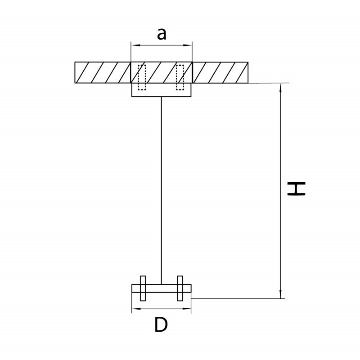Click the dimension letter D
point(161,324)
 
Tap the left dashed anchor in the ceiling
point(142,77)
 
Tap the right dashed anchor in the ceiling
point(180,77)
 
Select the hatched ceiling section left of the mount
point(103,72)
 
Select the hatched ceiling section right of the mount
point(220,72)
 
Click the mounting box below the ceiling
point(161,90)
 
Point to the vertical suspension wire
point(161,189)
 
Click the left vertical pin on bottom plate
point(143,288)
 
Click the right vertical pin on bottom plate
point(180,288)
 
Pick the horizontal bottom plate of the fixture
point(161,288)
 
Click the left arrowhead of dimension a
point(134,45)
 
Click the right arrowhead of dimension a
point(189,45)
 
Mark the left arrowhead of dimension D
point(134,309)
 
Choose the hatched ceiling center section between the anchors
point(161,72)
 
